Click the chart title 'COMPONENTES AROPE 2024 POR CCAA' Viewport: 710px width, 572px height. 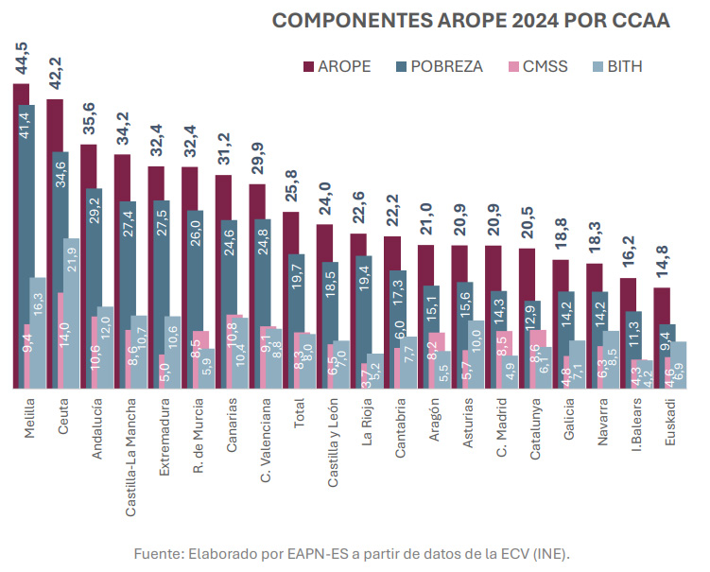click(470, 21)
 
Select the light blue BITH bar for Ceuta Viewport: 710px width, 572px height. click(71, 312)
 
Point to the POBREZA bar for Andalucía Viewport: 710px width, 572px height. click(95, 284)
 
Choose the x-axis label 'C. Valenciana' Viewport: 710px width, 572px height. click(265, 440)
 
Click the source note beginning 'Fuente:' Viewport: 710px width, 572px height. click(352, 551)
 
